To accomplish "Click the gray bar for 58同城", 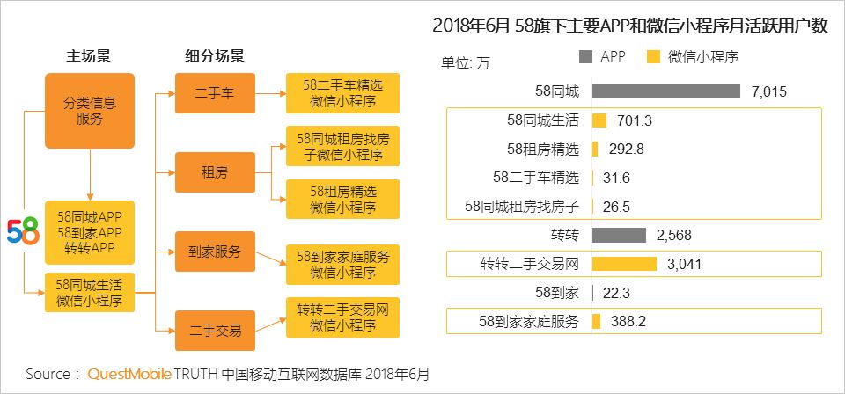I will point(665,91).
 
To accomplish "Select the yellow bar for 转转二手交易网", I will point(624,264).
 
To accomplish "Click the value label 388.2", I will point(628,322).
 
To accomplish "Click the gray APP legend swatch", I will point(586,57).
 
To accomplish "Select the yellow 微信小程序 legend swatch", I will point(653,57).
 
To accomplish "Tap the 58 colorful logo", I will point(23,230).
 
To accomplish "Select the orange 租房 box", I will point(215,172).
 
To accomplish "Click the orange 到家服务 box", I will point(215,251).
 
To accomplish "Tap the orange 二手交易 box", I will point(215,331).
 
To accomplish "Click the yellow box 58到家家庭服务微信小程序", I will point(342,265).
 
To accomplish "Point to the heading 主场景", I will point(89,56).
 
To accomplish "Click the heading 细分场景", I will point(215,56).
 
